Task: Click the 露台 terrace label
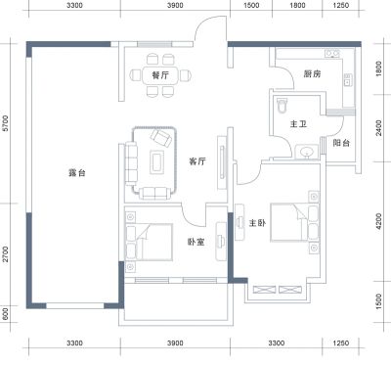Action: tap(77, 172)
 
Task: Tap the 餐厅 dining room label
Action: tap(160, 75)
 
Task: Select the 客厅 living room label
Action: tap(197, 160)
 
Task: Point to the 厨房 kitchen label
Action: tap(312, 74)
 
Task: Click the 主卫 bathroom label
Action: tap(298, 124)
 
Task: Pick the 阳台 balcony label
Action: tap(341, 143)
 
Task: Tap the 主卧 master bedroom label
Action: tap(257, 223)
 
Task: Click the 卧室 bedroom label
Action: tap(195, 242)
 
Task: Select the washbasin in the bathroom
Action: tap(306, 152)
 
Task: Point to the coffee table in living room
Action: tap(156, 161)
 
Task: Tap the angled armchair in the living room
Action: tap(160, 138)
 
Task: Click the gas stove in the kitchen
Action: tap(332, 53)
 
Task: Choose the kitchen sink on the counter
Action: tap(347, 80)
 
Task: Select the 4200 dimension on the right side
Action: tap(378, 221)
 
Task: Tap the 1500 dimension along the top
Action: tap(251, 5)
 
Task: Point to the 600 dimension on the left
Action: tap(5, 315)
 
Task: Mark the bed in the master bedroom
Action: tap(289, 222)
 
